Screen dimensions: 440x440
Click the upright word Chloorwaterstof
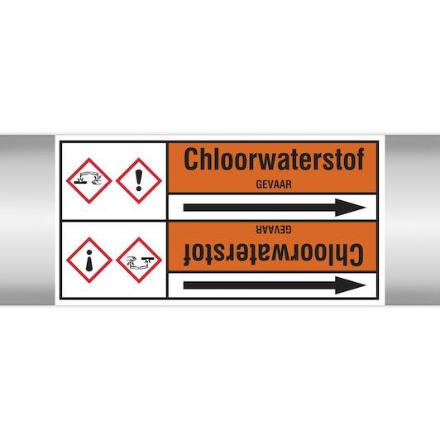274,159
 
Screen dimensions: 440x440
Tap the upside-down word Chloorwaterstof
274,255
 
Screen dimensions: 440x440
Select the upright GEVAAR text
274,184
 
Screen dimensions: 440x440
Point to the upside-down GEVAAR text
274,229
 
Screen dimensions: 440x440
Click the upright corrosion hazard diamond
89,180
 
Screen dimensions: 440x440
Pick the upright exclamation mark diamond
139,180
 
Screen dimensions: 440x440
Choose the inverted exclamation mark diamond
89,261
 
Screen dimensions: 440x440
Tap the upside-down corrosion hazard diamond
139,261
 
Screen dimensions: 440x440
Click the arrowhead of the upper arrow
350,208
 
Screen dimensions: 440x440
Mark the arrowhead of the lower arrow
350,285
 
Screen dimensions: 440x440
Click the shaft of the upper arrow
260,208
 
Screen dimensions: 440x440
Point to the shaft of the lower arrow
260,285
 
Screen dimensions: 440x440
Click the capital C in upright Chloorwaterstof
191,159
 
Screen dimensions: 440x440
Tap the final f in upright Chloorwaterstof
360,159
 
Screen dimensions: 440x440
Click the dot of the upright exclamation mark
139,189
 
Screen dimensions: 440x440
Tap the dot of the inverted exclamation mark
89,252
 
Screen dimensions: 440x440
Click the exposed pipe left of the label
27,220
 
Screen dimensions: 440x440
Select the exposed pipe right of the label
413,220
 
